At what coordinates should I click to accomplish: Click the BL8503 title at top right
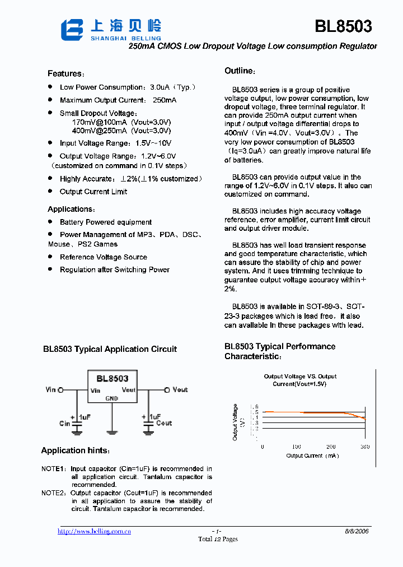point(343,26)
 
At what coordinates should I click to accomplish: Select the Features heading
point(65,74)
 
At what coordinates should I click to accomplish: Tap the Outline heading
point(240,71)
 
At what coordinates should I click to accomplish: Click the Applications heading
point(71,209)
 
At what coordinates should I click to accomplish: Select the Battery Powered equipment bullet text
point(105,222)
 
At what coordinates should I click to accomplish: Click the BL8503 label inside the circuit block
point(112,379)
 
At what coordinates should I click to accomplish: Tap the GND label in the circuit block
point(112,398)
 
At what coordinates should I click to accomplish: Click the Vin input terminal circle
point(61,390)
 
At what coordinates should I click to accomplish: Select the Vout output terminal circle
point(167,390)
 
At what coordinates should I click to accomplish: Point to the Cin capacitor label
point(65,424)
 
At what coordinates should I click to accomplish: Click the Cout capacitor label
point(164,424)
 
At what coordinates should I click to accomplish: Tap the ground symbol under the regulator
point(112,431)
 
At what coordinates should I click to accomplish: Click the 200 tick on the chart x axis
point(331,447)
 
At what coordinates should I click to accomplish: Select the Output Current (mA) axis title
point(312,456)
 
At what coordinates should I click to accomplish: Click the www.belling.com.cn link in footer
point(95,531)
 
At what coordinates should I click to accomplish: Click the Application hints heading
point(76,451)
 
